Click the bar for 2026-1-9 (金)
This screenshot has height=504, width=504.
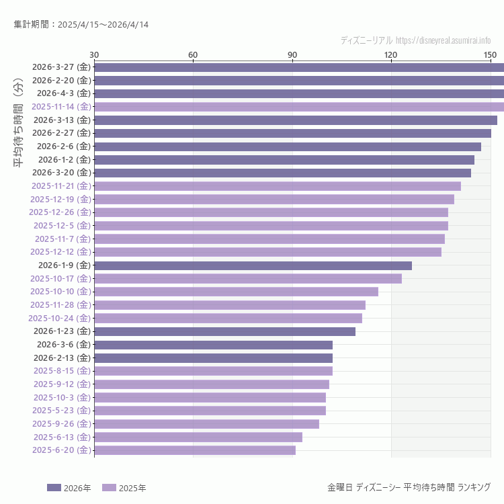point(253,265)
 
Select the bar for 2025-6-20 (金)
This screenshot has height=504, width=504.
point(195,450)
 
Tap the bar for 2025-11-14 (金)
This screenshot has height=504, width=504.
point(299,107)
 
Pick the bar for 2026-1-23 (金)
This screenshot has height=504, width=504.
point(224,331)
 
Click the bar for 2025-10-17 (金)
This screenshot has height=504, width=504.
point(248,278)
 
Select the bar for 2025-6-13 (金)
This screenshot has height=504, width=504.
point(198,437)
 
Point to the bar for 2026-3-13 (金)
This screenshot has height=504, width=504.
point(296,120)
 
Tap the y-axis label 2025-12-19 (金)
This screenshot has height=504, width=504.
point(60,200)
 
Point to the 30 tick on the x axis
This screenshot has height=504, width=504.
point(94,54)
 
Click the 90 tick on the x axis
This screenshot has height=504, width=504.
point(292,54)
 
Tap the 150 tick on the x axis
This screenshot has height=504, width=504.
point(490,54)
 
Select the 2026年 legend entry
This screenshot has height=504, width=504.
point(69,488)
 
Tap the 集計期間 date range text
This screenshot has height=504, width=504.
point(81,25)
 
